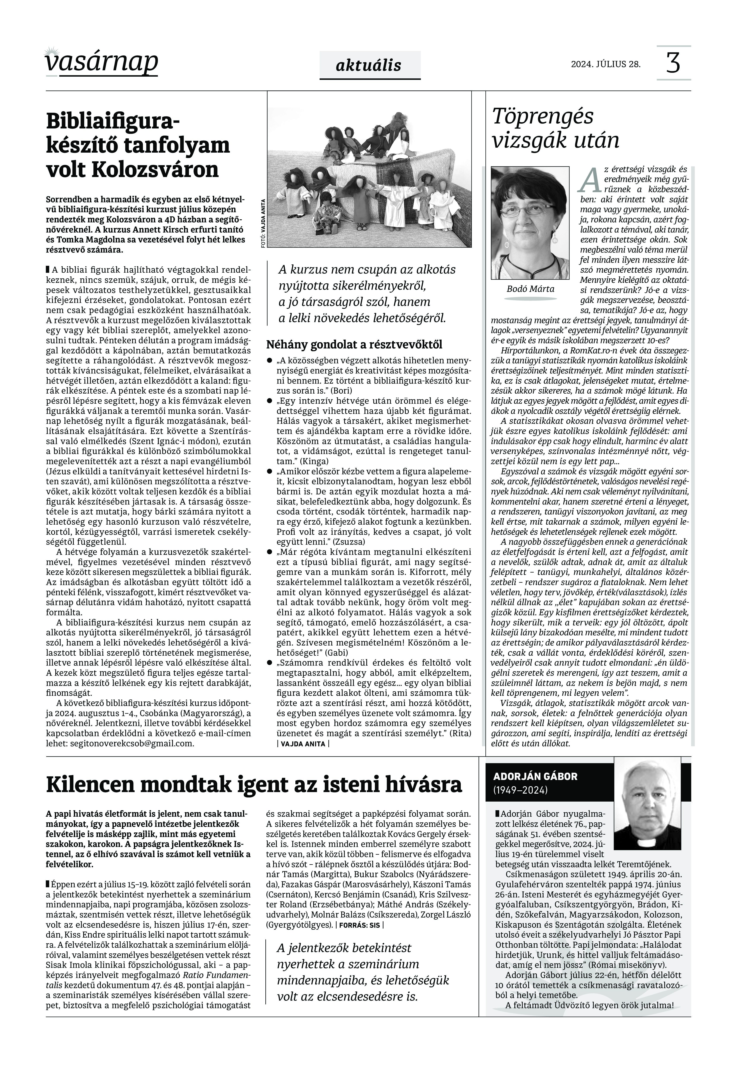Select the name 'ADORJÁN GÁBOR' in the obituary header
click(535, 776)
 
